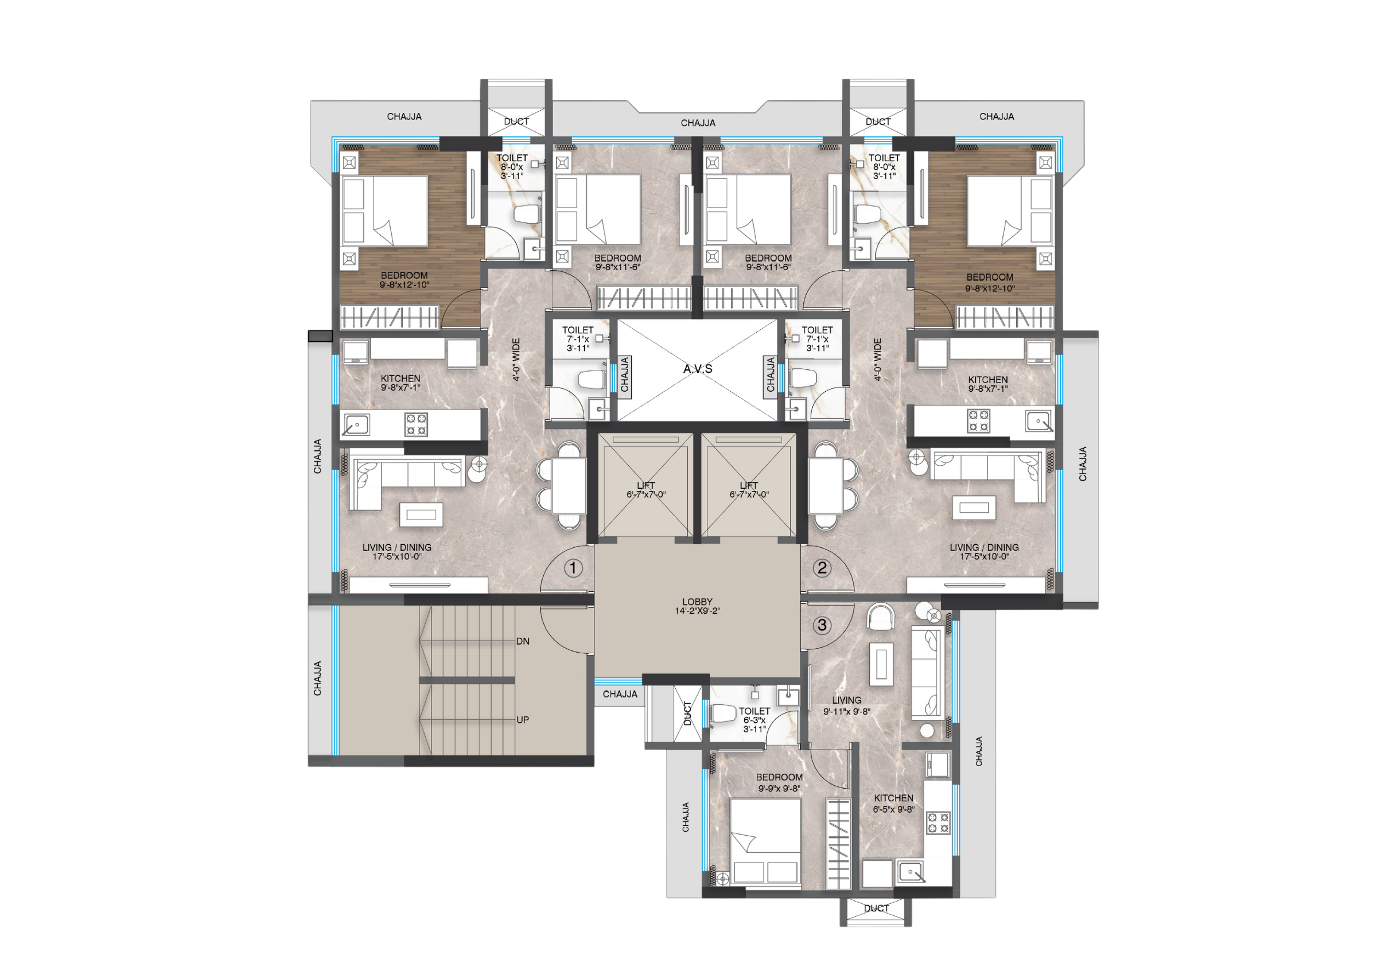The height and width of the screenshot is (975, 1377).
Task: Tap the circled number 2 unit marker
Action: (822, 567)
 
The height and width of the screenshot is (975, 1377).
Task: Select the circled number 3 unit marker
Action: (822, 625)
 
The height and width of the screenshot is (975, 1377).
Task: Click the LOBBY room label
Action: (697, 602)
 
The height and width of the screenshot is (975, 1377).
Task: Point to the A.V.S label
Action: (698, 369)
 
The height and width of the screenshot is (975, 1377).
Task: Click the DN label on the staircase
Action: (523, 641)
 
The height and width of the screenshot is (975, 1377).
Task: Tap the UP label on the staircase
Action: (523, 719)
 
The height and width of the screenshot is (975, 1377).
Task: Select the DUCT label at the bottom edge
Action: (876, 908)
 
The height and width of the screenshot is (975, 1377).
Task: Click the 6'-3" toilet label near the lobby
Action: (754, 720)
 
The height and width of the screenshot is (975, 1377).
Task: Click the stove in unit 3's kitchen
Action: (938, 822)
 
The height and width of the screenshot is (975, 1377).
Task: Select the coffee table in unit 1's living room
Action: (422, 514)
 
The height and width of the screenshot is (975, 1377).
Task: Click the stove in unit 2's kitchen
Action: (978, 421)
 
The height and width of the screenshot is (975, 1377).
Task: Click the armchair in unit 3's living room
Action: (881, 617)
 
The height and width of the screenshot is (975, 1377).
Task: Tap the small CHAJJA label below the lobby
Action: (620, 694)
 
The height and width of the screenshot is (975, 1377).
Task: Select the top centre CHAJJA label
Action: (698, 123)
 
